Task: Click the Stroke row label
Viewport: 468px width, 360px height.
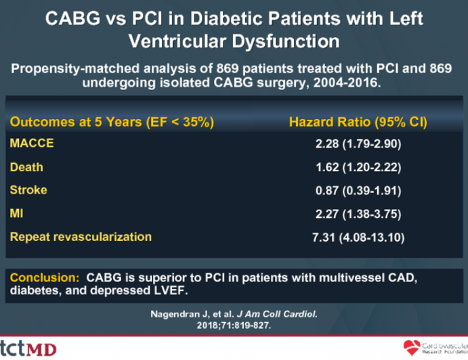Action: tap(28, 190)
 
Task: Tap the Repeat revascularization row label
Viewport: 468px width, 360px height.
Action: tap(80, 237)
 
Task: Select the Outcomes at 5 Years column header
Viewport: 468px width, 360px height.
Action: tap(111, 122)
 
